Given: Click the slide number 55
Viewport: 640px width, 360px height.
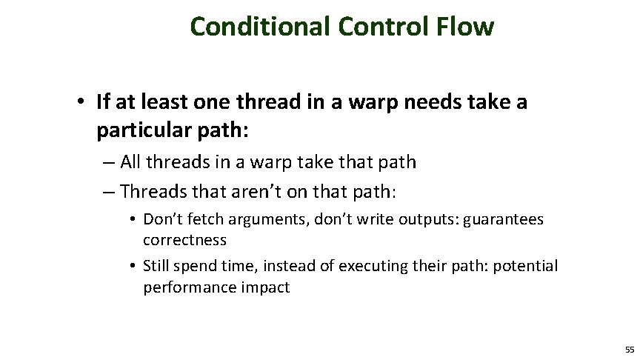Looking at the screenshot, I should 629,349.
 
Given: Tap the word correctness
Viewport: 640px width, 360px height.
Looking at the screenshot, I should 184,240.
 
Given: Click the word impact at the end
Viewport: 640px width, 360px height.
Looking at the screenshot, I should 265,287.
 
